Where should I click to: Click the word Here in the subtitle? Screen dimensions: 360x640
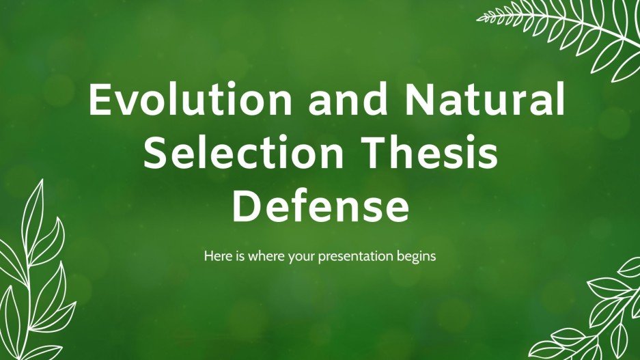[x=215, y=258]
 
